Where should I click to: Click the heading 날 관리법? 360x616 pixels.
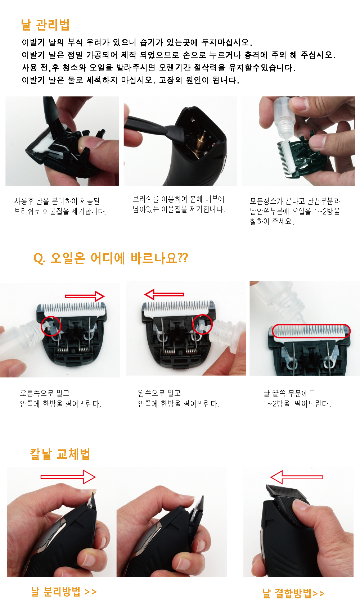click(45, 25)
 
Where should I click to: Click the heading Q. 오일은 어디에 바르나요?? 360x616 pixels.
click(111, 258)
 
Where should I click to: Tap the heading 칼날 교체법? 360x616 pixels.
click(60, 454)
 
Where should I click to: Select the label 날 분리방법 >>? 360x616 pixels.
click(64, 591)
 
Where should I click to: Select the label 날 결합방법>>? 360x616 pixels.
click(294, 593)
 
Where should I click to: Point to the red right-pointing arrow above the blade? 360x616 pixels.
click(85, 296)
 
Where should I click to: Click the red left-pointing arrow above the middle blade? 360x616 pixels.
click(164, 294)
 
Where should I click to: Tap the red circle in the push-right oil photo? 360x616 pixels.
click(51, 316)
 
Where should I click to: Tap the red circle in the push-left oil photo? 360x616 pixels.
click(202, 314)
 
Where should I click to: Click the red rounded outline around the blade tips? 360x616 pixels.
click(311, 325)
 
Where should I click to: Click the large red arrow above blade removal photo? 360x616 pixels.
click(68, 477)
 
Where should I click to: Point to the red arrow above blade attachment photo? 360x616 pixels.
click(297, 477)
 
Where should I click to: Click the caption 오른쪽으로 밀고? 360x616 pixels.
click(45, 393)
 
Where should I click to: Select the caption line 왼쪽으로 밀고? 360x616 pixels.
click(159, 393)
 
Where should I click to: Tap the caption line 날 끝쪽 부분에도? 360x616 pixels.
click(289, 393)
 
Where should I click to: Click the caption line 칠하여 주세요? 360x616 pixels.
click(272, 221)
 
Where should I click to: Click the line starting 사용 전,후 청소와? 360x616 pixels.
click(158, 67)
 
